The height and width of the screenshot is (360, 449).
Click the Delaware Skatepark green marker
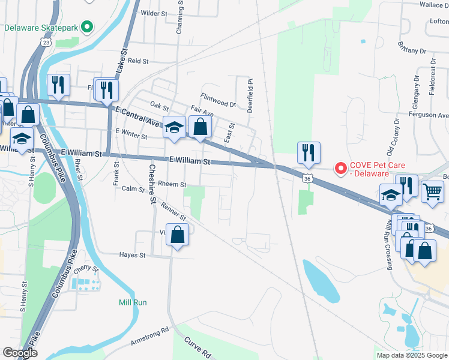(x=87, y=27)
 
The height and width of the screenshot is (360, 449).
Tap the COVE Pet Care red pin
(x=341, y=169)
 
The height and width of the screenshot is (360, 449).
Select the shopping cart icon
(x=432, y=191)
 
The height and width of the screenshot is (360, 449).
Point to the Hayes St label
(x=134, y=255)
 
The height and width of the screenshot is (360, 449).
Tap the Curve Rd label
(x=198, y=347)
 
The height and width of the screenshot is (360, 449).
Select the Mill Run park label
(x=133, y=302)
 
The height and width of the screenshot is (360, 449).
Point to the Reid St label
(x=138, y=61)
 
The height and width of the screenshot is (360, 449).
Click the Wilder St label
(x=153, y=13)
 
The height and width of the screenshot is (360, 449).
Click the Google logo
(x=19, y=353)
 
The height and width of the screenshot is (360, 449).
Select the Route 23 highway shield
(x=45, y=42)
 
